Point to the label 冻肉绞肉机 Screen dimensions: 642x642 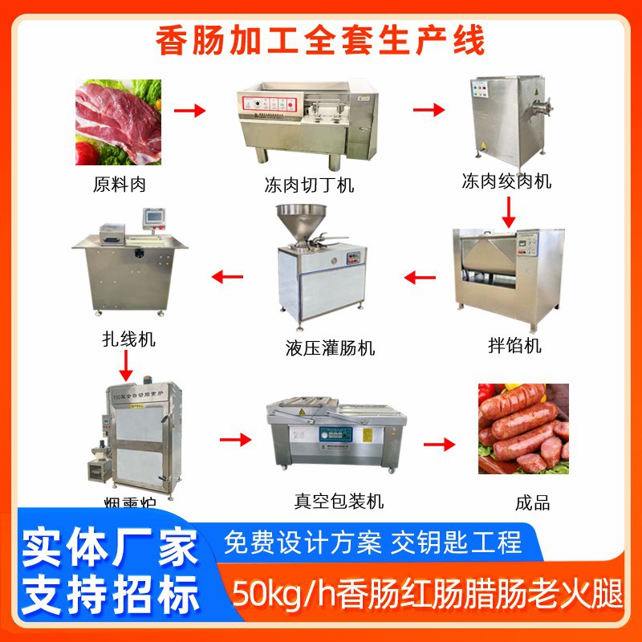point(506,181)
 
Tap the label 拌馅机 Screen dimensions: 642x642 point(515,345)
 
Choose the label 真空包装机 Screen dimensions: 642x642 point(339,502)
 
